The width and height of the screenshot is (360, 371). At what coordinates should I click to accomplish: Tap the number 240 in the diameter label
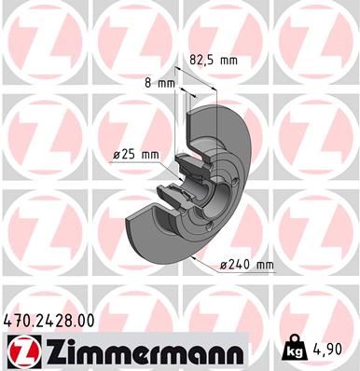238,265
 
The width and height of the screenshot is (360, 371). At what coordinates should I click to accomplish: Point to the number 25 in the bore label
128,155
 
